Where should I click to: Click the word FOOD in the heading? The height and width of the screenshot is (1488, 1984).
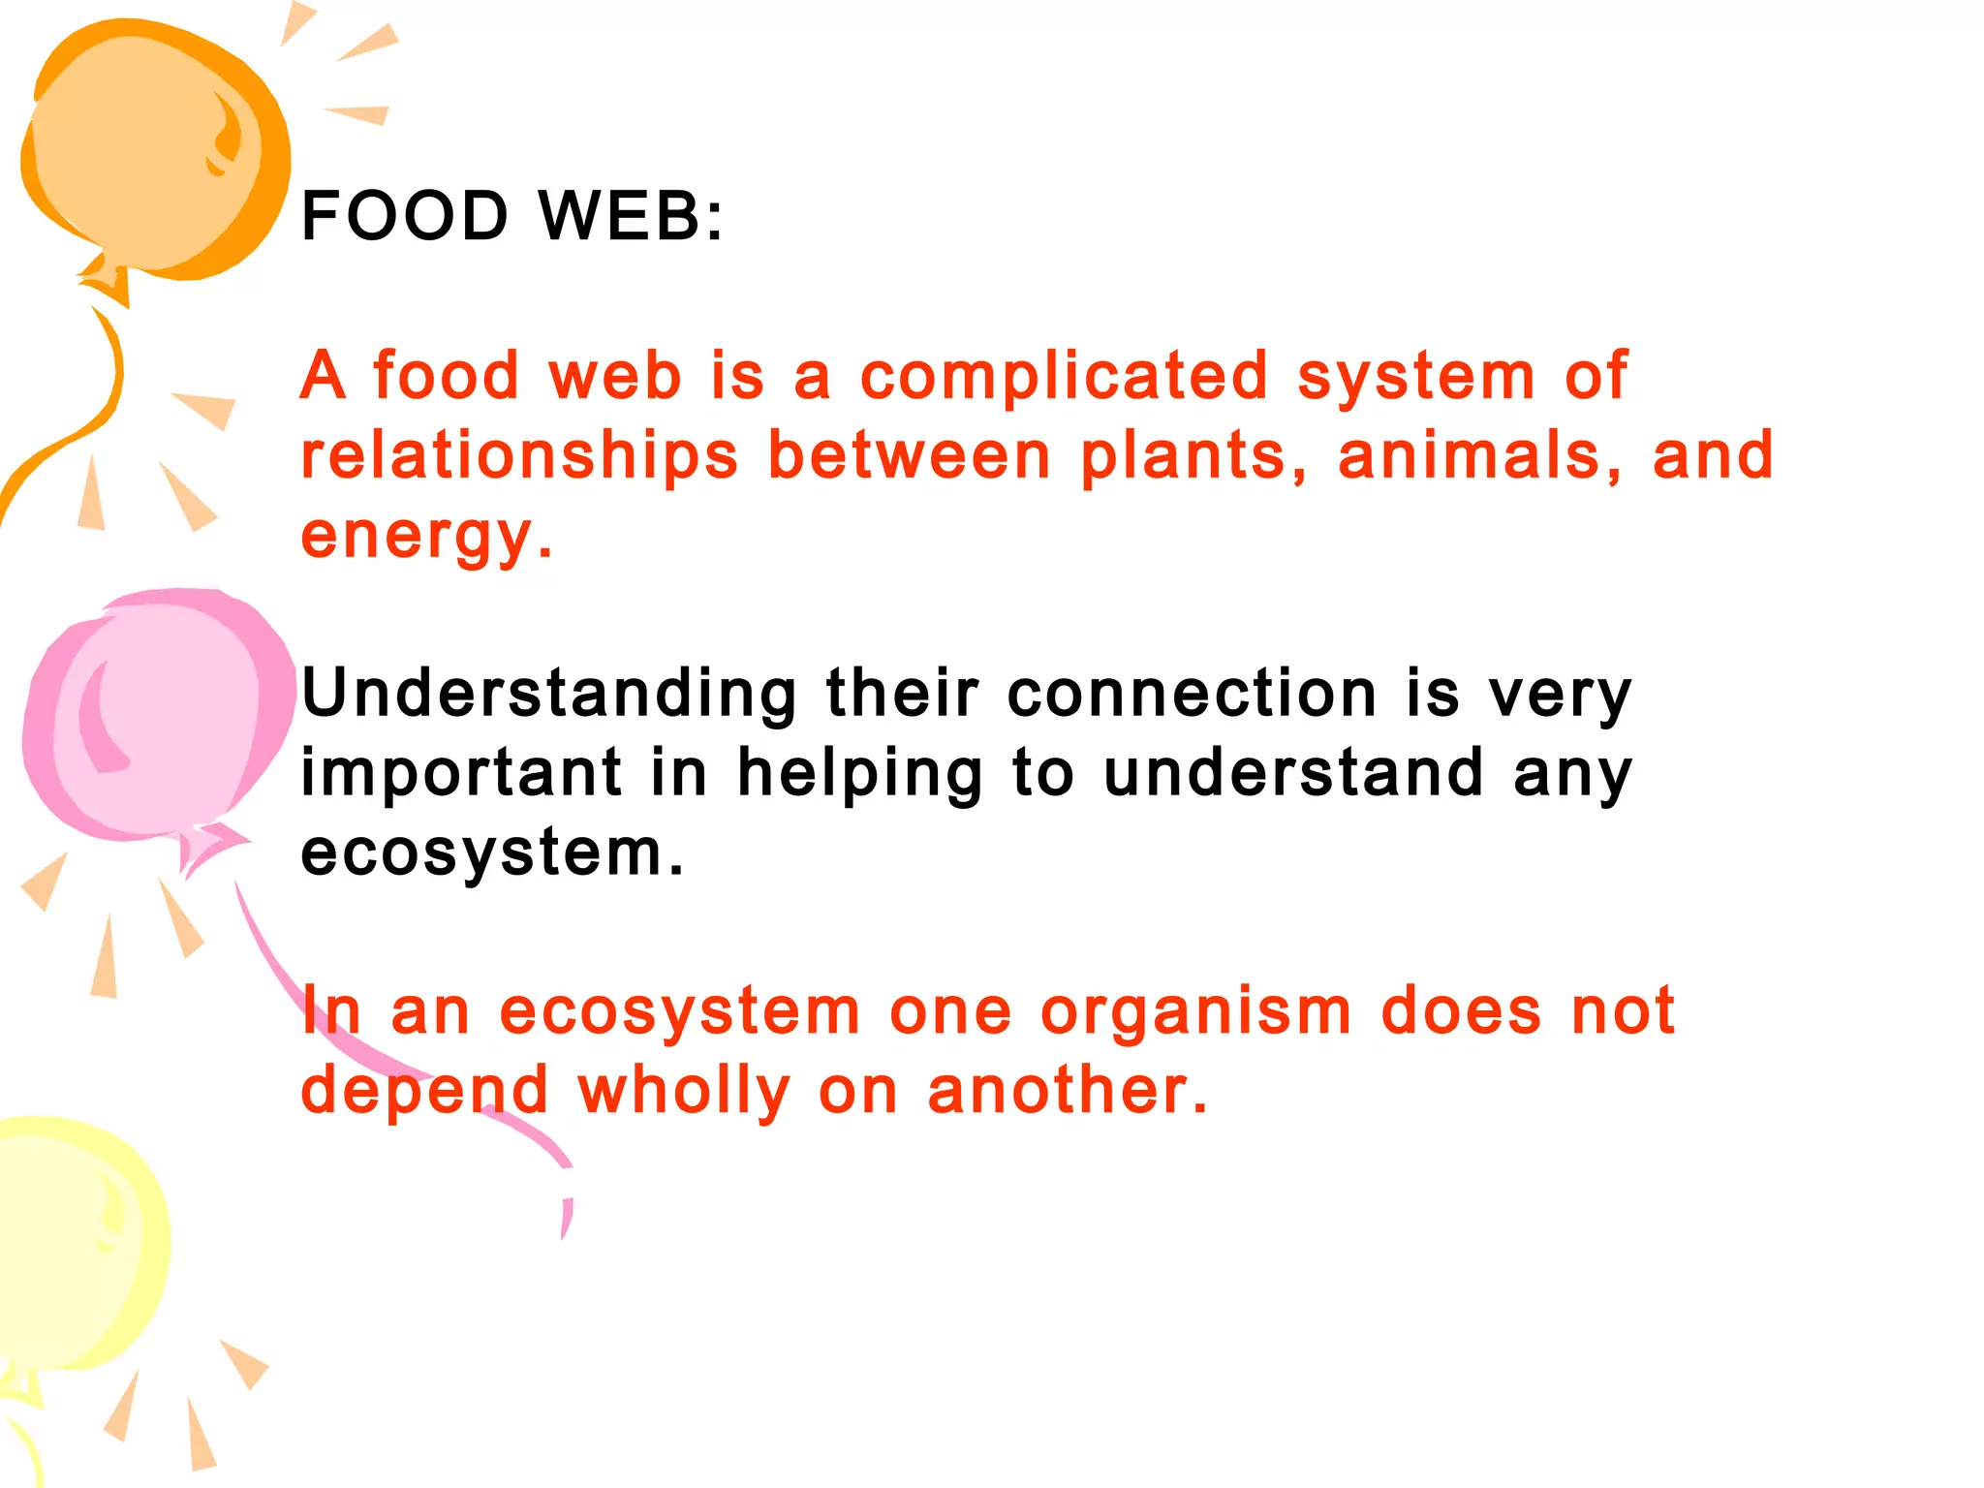(x=405, y=215)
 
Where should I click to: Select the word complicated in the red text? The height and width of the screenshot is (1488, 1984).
(x=1064, y=376)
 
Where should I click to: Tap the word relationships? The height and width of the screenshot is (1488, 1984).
(x=519, y=457)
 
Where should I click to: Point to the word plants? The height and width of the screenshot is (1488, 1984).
(x=1193, y=457)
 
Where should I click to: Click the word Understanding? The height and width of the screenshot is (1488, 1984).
(x=548, y=694)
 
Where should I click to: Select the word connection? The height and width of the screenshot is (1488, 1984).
(x=1192, y=694)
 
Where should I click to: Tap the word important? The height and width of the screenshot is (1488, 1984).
(x=461, y=773)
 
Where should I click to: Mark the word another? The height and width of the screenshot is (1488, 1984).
(x=1068, y=1091)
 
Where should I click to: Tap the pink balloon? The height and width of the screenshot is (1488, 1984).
(x=155, y=712)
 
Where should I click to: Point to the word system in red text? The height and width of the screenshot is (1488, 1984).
(x=1415, y=378)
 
